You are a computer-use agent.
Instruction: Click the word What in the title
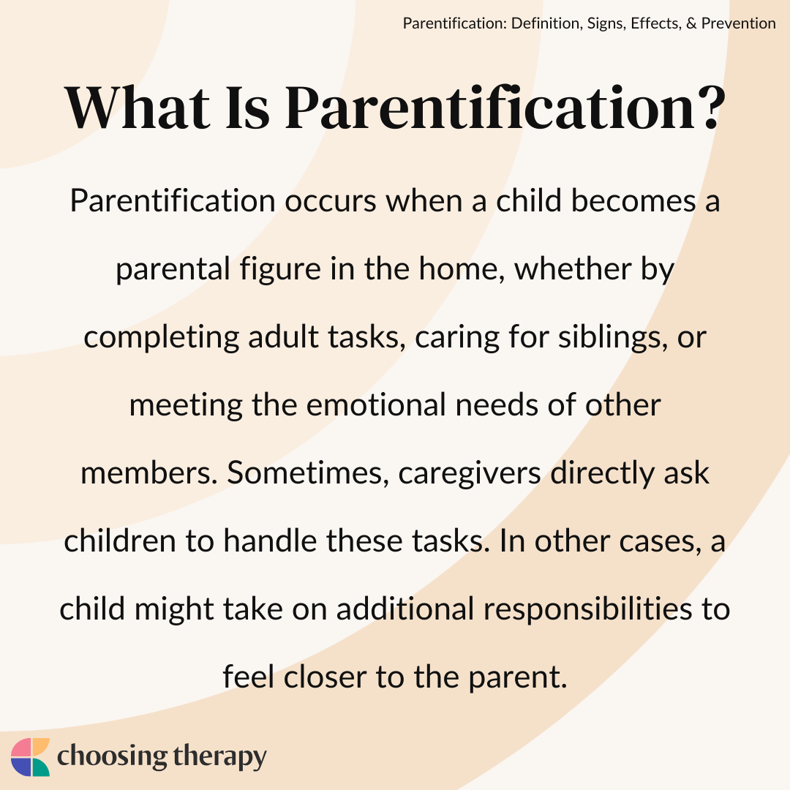pyautogui.click(x=137, y=108)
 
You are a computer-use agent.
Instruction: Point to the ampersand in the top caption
pyautogui.click(x=691, y=23)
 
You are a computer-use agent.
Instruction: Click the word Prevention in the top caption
pyautogui.click(x=738, y=23)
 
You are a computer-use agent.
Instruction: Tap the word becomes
pyautogui.click(x=633, y=200)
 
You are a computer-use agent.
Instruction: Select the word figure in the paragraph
pyautogui.click(x=279, y=269)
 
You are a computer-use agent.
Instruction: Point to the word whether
pyautogui.click(x=572, y=268)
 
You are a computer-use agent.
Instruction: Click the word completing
pyautogui.click(x=161, y=337)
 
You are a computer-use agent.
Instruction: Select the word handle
pyautogui.click(x=270, y=541)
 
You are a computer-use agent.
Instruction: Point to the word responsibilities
pyautogui.click(x=587, y=609)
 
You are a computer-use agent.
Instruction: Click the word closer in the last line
pyautogui.click(x=325, y=677)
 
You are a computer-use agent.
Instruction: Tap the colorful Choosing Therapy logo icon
pyautogui.click(x=30, y=757)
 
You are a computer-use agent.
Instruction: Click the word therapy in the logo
pyautogui.click(x=219, y=758)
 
